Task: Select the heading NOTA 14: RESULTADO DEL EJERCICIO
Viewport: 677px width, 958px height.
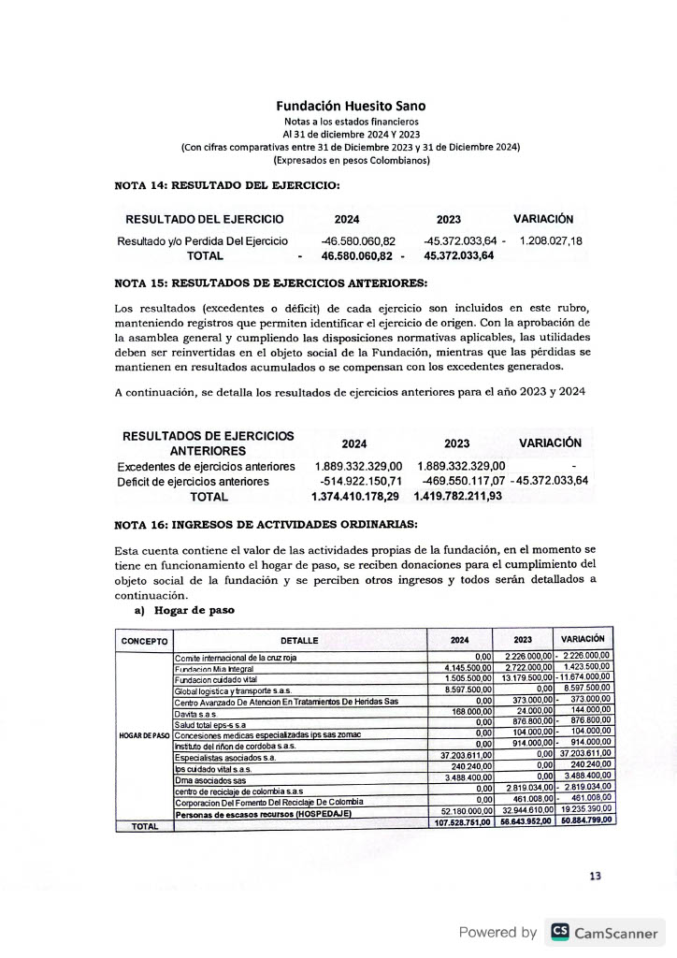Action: (227, 185)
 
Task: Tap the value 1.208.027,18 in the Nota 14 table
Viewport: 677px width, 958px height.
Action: (551, 241)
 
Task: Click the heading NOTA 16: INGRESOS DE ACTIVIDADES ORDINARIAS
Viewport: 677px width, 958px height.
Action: (266, 525)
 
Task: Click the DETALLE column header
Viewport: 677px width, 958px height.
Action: (299, 641)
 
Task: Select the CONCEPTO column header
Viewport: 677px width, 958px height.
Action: (144, 641)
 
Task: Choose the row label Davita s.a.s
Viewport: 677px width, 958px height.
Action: (195, 714)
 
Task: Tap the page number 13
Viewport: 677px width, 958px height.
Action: (596, 876)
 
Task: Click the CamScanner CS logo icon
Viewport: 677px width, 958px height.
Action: (560, 932)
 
